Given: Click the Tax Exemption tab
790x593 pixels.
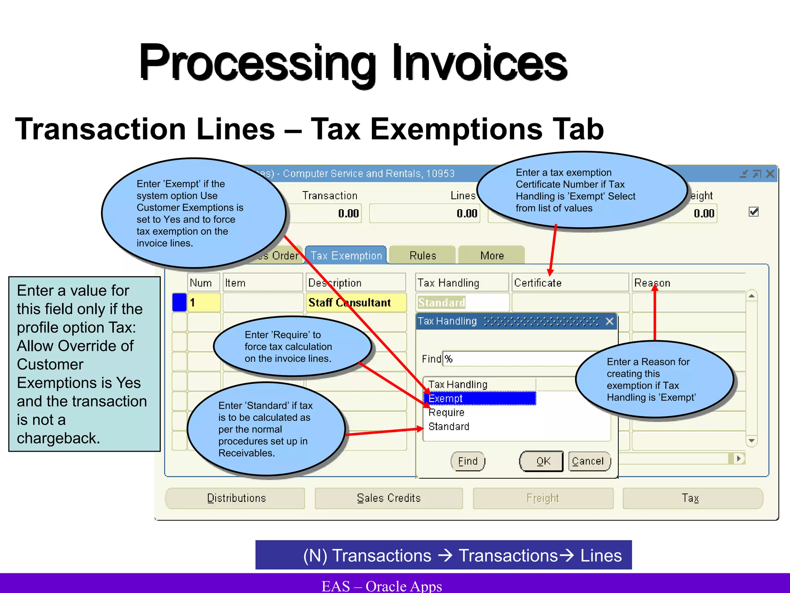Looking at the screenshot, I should coord(346,256).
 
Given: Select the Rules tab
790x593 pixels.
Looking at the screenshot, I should coord(423,256).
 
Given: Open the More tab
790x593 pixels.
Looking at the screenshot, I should coord(492,256).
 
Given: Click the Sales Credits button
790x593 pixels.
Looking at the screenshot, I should coord(388,498).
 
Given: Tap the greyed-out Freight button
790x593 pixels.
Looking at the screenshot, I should coord(543,498).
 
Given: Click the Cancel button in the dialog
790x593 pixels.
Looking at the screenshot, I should coord(588,461).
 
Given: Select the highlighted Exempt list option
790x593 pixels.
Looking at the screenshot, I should coord(480,398).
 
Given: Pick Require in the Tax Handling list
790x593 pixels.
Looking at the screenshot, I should coord(447,413).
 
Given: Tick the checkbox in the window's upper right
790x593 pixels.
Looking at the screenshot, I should coord(753,212).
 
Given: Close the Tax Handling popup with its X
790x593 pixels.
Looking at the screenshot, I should coord(609,321).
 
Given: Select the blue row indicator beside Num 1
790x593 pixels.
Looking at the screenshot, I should coord(179,302).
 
